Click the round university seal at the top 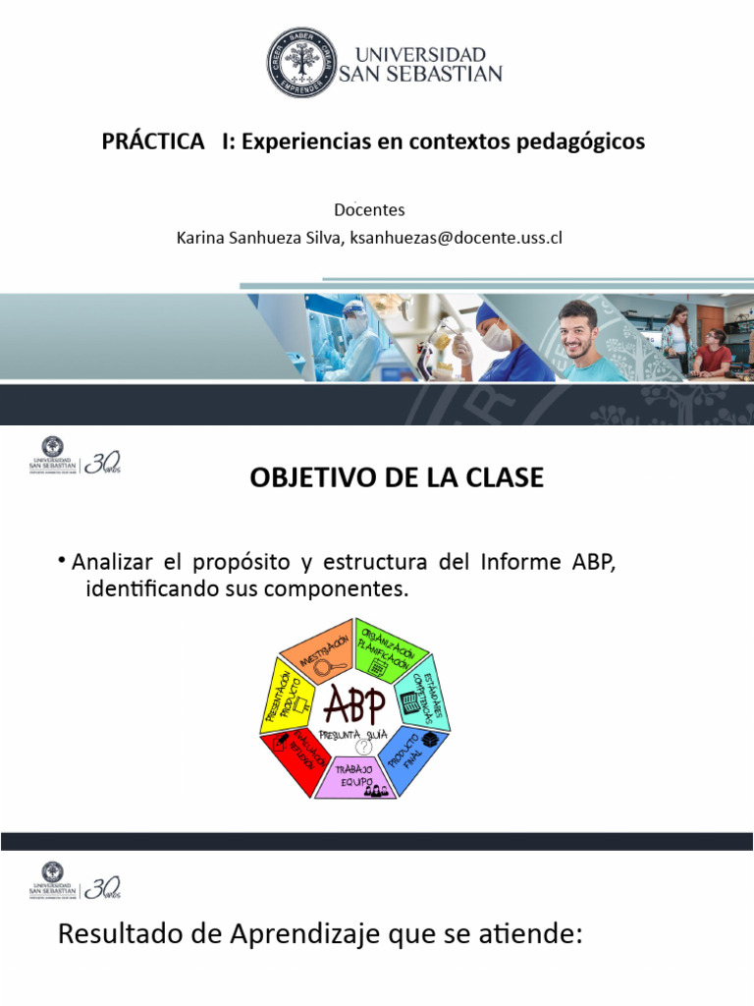[x=301, y=61]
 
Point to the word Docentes [x=369, y=210]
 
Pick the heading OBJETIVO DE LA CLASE [x=397, y=478]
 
